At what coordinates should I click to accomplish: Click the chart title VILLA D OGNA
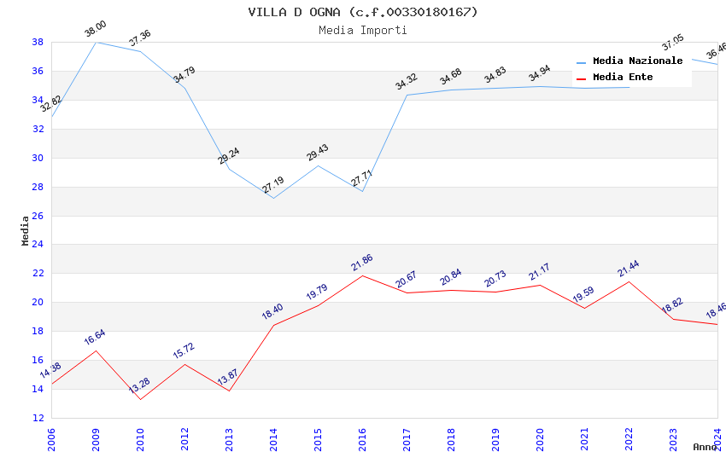coord(363,12)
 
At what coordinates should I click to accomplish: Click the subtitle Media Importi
coord(363,30)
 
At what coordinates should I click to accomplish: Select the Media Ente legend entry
coord(623,78)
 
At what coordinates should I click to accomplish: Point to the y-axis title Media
coord(26,230)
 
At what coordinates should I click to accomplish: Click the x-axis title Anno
coord(705,447)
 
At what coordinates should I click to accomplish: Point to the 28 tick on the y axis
coord(38,187)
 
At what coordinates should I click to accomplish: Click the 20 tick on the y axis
coord(38,303)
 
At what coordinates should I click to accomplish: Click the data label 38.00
coord(95,31)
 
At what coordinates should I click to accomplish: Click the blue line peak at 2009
coord(96,42)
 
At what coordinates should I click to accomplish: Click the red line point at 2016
coord(362,275)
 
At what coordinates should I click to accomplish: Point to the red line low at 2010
coord(140,399)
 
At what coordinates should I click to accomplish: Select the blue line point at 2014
coord(273,198)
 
